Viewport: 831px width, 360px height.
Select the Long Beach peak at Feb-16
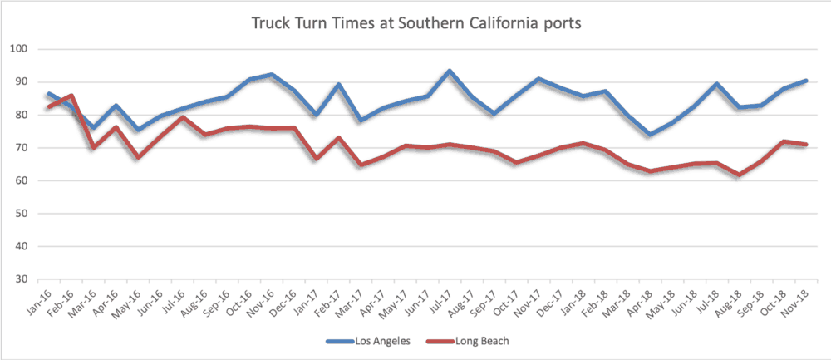point(71,96)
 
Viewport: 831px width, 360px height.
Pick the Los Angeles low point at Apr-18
point(650,135)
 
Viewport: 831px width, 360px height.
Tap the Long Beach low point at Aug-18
point(739,175)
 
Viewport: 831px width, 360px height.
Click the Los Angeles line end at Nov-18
point(806,81)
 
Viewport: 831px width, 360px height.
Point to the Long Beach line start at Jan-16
point(49,107)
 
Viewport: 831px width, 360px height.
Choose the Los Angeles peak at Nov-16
point(272,75)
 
